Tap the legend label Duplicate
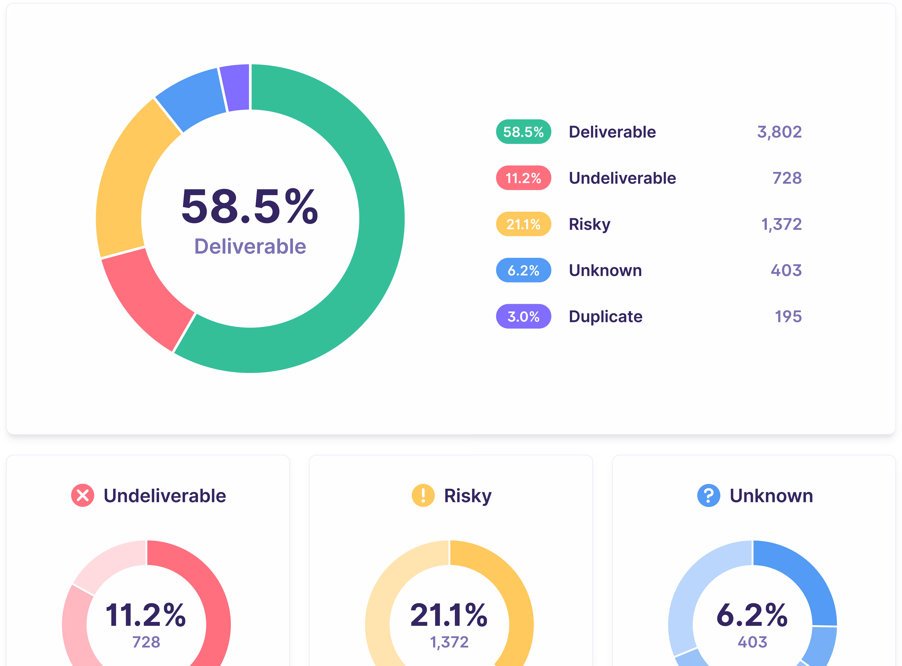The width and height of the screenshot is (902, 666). coord(605,316)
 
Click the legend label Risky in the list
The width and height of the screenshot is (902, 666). coord(589,224)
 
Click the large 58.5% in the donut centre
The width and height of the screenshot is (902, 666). coord(250,206)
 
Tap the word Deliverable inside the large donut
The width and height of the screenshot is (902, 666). coord(250,246)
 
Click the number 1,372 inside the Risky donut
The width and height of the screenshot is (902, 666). coord(449,642)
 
